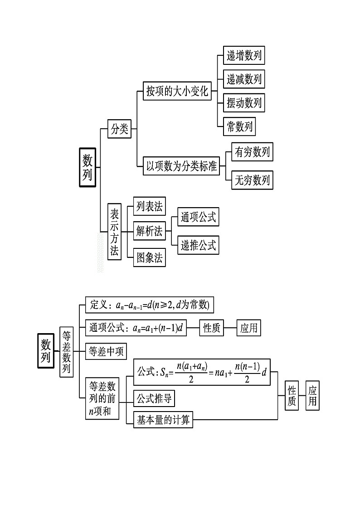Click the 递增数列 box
pyautogui.click(x=244, y=56)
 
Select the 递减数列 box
pyautogui.click(x=244, y=80)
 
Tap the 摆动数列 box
pyautogui.click(x=244, y=103)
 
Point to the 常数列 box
pyautogui.click(x=239, y=126)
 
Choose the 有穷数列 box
pyautogui.click(x=252, y=153)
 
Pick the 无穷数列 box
pyautogui.click(x=252, y=180)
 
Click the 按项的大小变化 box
pyautogui.click(x=177, y=91)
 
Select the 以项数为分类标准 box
pyautogui.click(x=180, y=166)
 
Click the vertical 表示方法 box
pyautogui.click(x=115, y=232)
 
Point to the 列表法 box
pyautogui.click(x=149, y=207)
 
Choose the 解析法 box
pyautogui.click(x=149, y=232)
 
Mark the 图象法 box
pyautogui.click(x=149, y=258)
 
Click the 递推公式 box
pyautogui.click(x=198, y=245)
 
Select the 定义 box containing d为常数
pyautogui.click(x=149, y=305)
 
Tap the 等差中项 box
pyautogui.click(x=106, y=351)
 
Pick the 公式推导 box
pyautogui.click(x=154, y=399)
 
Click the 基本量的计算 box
pyautogui.click(x=163, y=420)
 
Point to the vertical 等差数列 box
pyautogui.click(x=66, y=352)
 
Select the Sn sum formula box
pyautogui.click(x=201, y=372)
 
